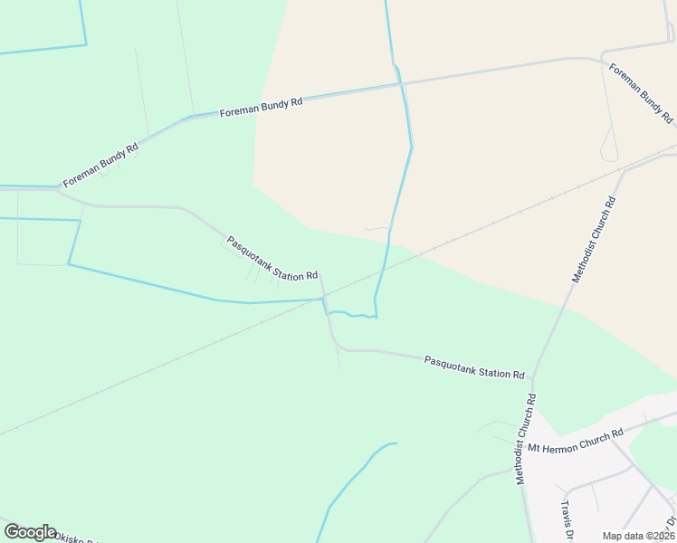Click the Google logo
coord(30,531)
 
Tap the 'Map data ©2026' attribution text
coord(637,536)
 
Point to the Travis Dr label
coord(568,519)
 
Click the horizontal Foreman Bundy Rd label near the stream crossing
coord(261,106)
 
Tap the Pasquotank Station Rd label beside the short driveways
coord(272,258)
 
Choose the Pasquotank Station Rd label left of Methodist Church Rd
coord(474,367)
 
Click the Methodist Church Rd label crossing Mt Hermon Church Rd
coord(526,438)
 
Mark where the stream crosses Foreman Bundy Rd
coord(400,85)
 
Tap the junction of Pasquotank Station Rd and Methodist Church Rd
coord(533,378)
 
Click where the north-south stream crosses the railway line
coord(385,269)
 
